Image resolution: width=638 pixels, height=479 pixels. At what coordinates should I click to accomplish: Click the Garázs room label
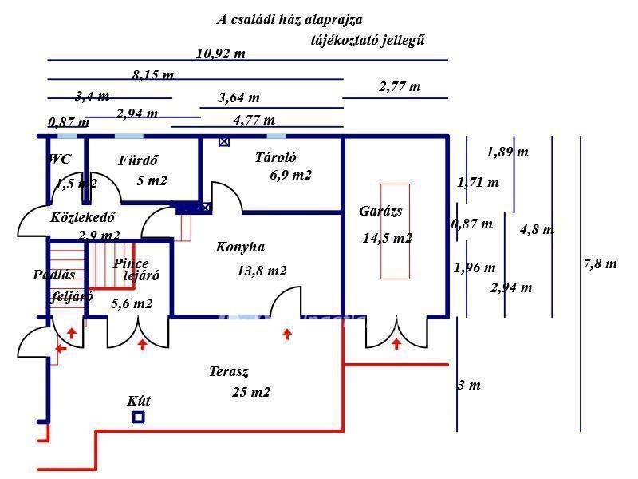[x=380, y=211]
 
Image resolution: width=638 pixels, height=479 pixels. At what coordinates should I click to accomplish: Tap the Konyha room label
[x=240, y=247]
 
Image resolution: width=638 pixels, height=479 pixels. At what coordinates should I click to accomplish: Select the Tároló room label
[x=275, y=157]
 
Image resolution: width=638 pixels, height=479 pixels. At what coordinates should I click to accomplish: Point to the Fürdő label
[x=138, y=160]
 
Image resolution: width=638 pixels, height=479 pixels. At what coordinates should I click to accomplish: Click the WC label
[x=59, y=158]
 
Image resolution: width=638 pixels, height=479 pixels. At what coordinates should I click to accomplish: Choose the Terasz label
[x=229, y=371]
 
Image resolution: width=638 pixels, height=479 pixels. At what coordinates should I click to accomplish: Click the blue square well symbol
[x=139, y=418]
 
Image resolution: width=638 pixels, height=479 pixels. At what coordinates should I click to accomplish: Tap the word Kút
[x=139, y=401]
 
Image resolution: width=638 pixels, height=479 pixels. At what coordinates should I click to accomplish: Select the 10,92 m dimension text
[x=221, y=53]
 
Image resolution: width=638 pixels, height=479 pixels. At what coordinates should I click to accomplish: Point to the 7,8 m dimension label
[x=601, y=264]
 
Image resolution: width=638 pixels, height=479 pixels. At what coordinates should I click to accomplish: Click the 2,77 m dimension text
[x=400, y=86]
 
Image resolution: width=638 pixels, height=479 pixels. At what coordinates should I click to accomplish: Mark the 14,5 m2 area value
[x=388, y=238]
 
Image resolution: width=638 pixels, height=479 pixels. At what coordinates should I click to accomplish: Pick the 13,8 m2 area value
[x=262, y=271]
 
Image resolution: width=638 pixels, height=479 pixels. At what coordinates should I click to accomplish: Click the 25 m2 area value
[x=251, y=392]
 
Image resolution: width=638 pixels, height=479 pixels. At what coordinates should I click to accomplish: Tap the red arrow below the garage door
[x=396, y=344]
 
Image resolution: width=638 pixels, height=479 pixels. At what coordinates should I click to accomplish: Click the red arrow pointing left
[x=61, y=349]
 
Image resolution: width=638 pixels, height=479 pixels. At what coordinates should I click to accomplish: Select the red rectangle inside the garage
[x=395, y=232]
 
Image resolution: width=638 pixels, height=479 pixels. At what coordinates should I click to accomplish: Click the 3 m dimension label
[x=469, y=385]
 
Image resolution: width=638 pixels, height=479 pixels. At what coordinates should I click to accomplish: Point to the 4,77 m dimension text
[x=254, y=121]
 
